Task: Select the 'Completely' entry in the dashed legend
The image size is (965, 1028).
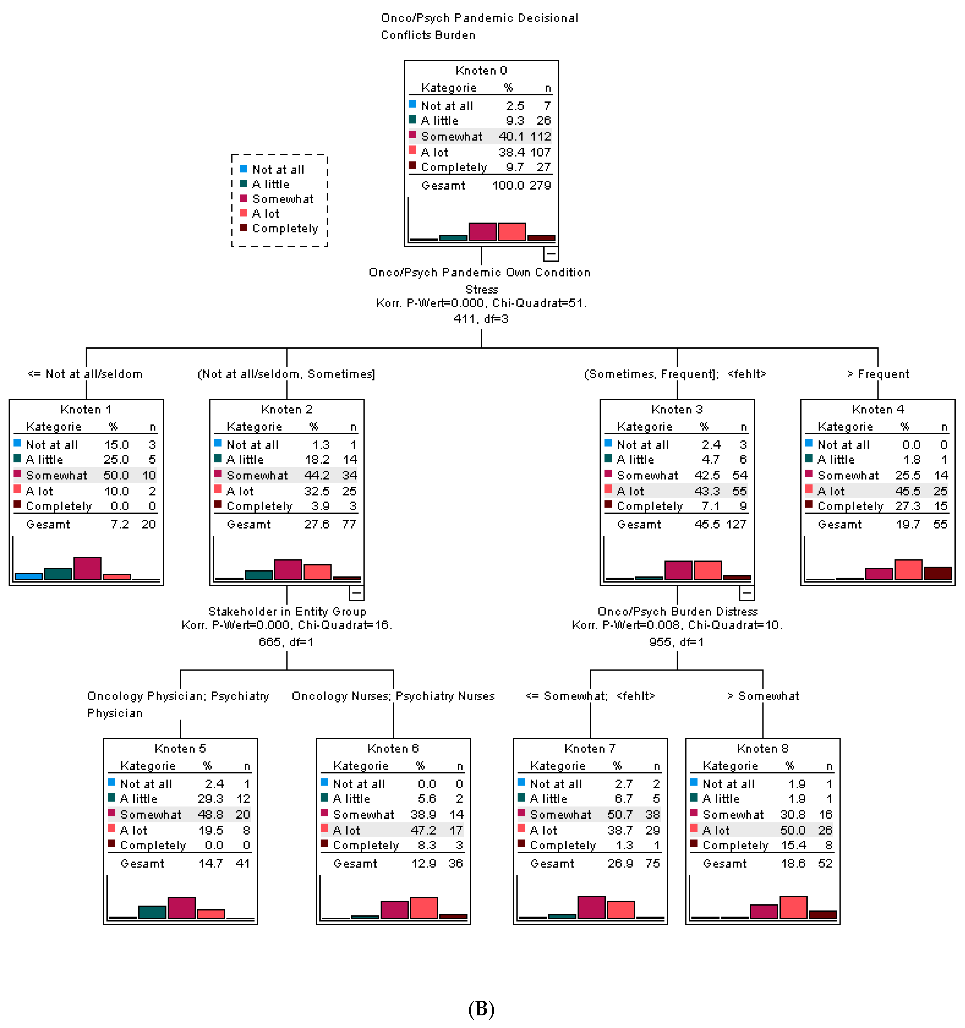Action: point(285,229)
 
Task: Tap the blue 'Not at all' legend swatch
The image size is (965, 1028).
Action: point(243,169)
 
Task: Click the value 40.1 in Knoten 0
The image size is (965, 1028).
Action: point(511,137)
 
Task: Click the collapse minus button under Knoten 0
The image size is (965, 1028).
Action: point(551,253)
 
